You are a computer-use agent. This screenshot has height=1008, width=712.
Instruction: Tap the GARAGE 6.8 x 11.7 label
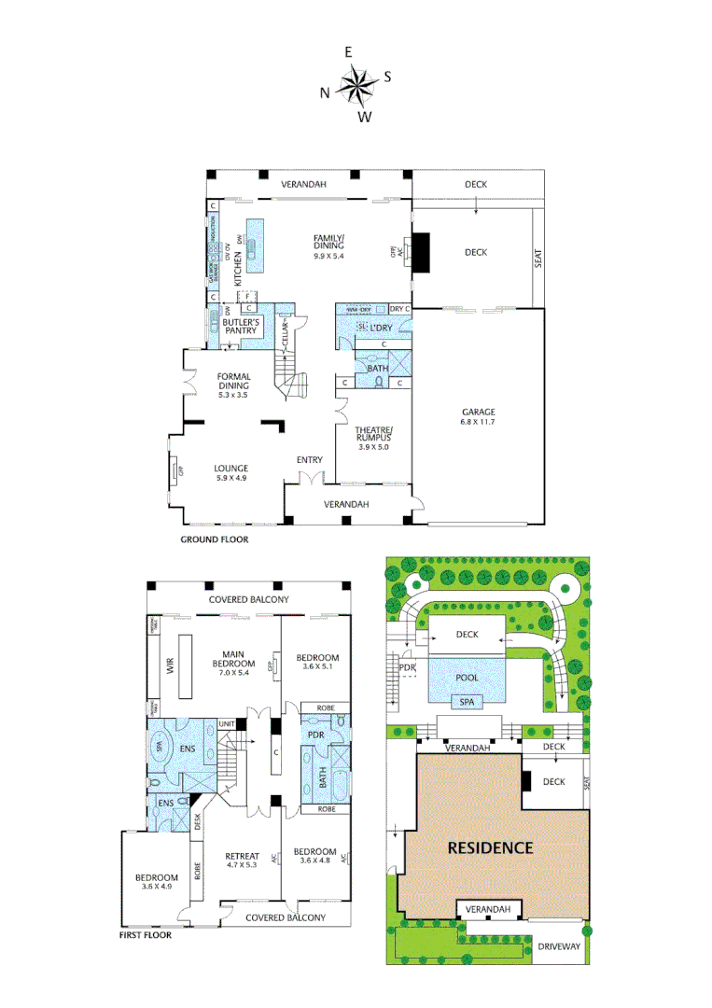click(477, 417)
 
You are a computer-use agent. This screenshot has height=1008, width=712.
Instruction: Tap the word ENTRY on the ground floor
click(310, 460)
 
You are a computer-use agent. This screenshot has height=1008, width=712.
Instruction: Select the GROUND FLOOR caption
click(215, 539)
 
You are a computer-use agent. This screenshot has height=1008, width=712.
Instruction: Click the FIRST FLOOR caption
click(146, 933)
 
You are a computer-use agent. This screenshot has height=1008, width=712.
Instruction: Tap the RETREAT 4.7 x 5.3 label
click(241, 860)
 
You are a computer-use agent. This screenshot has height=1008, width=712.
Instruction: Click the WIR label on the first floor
click(170, 668)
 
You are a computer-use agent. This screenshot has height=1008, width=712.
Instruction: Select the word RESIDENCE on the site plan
click(490, 847)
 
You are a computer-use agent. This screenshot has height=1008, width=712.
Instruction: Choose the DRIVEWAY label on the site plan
click(558, 946)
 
